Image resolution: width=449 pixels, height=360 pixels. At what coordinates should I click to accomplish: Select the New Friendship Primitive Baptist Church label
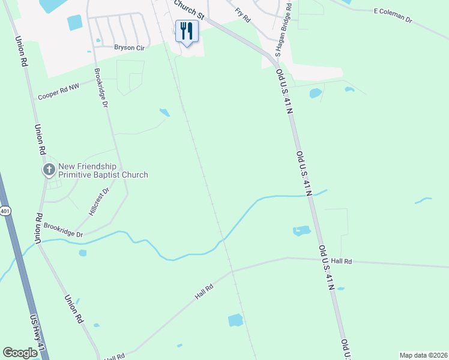click(103, 170)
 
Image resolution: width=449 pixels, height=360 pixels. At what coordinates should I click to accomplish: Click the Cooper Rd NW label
click(58, 92)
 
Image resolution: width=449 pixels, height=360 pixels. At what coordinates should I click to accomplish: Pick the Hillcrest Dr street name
click(99, 202)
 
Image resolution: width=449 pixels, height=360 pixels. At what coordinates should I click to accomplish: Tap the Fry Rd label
click(242, 15)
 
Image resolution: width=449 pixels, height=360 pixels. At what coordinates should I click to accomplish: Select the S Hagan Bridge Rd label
click(283, 30)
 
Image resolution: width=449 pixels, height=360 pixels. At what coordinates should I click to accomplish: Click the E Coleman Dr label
click(393, 16)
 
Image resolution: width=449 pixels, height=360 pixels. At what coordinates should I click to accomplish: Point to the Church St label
click(190, 10)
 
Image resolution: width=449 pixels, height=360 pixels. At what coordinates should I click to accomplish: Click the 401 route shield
click(5, 211)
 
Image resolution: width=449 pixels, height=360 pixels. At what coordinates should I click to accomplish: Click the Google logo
click(20, 353)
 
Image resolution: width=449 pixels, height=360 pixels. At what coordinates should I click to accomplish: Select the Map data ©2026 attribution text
click(423, 355)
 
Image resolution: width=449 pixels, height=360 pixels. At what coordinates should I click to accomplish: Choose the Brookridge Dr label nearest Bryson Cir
click(101, 88)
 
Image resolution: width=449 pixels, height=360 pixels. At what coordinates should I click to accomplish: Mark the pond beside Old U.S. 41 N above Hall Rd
click(301, 230)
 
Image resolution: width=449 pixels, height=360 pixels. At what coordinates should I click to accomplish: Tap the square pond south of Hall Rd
click(236, 320)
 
